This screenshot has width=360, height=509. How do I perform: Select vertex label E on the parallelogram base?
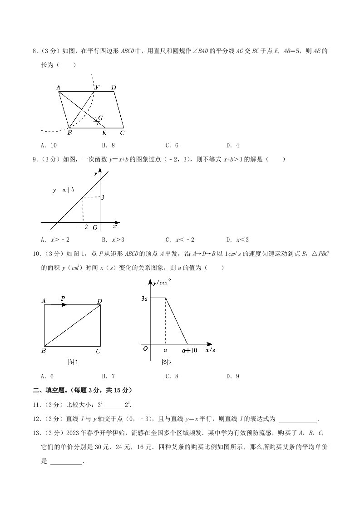(x=104, y=133)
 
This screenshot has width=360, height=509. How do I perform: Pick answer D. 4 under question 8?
(x=232, y=146)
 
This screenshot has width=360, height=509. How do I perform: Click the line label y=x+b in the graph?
(x=63, y=190)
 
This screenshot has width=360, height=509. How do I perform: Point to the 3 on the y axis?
(x=103, y=198)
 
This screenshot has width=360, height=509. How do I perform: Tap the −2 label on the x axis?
(x=83, y=227)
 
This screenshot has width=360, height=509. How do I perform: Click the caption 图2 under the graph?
(x=167, y=362)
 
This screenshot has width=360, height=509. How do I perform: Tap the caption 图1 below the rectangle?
(x=73, y=362)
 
